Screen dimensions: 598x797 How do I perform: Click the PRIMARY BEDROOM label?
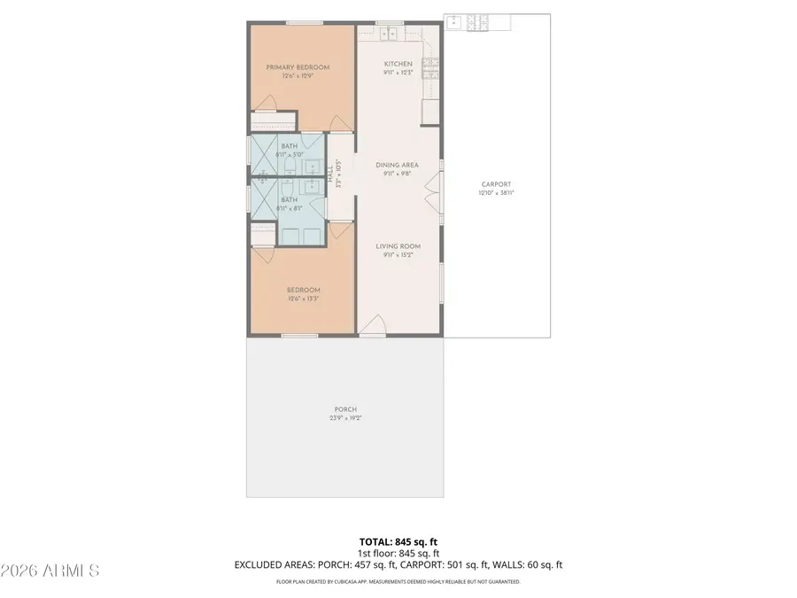pyautogui.click(x=298, y=67)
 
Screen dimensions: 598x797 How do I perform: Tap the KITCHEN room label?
pyautogui.click(x=398, y=64)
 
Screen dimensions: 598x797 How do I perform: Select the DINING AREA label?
pyautogui.click(x=398, y=165)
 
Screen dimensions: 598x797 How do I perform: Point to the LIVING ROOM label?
pyautogui.click(x=398, y=246)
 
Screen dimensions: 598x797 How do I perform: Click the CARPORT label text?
pyautogui.click(x=496, y=184)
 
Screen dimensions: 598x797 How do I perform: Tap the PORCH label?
pyautogui.click(x=344, y=409)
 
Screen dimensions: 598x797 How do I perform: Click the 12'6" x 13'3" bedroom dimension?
pyautogui.click(x=303, y=299)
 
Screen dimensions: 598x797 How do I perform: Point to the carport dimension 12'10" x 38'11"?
pyautogui.click(x=496, y=192)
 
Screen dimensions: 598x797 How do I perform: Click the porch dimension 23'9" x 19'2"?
pyautogui.click(x=344, y=417)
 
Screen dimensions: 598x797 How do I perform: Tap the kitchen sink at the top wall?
pyautogui.click(x=389, y=35)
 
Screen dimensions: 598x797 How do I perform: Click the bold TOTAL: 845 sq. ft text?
pyautogui.click(x=398, y=541)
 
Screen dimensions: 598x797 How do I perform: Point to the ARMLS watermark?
pyautogui.click(x=50, y=570)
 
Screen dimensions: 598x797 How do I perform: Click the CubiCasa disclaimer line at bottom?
pyautogui.click(x=398, y=582)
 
